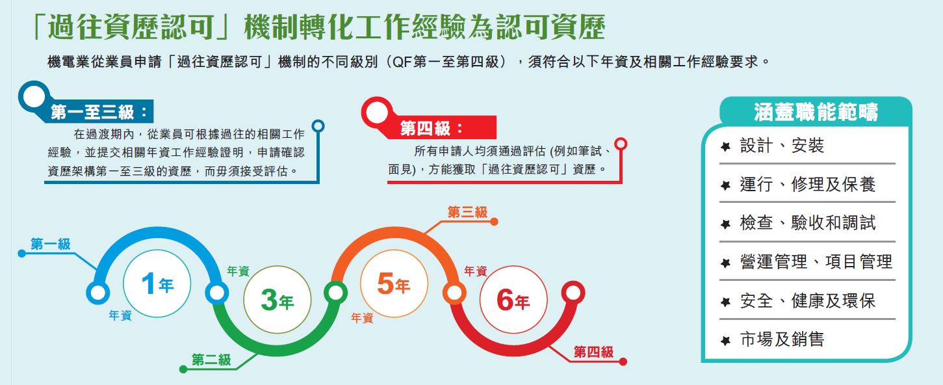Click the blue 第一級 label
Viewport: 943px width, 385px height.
[x=51, y=244]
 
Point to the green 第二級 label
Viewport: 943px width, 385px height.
[x=211, y=360]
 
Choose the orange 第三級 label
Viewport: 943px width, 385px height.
[x=467, y=212]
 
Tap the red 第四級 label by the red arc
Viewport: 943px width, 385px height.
[x=593, y=352]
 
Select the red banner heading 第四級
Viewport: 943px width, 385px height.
[x=432, y=128]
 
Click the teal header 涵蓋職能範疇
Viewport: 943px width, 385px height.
[x=816, y=112]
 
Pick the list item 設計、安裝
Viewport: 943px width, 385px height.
[x=782, y=145]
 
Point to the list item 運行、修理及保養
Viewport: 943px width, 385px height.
[x=807, y=185]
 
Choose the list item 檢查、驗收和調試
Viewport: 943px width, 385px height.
[x=807, y=223]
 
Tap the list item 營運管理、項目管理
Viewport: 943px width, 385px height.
[x=816, y=261]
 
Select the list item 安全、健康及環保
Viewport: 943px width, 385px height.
[x=807, y=300]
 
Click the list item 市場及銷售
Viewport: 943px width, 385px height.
[x=782, y=339]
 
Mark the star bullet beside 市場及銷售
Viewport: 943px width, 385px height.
[x=725, y=340]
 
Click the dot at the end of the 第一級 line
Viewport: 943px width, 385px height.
[x=21, y=253]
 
